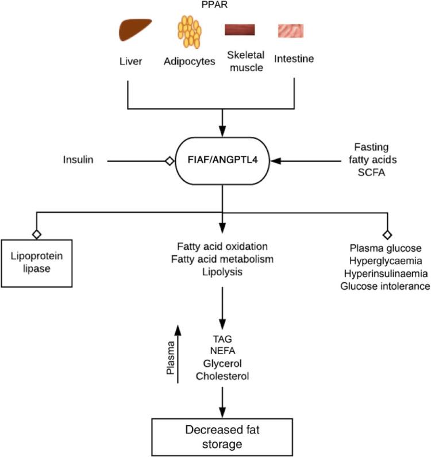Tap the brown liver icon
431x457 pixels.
[134, 30]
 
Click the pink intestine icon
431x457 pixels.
[291, 30]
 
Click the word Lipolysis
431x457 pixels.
[221, 271]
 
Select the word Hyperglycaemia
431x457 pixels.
[386, 260]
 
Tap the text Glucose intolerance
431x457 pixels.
[386, 286]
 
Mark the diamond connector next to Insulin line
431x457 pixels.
[169, 162]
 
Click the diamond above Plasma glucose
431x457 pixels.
[387, 235]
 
